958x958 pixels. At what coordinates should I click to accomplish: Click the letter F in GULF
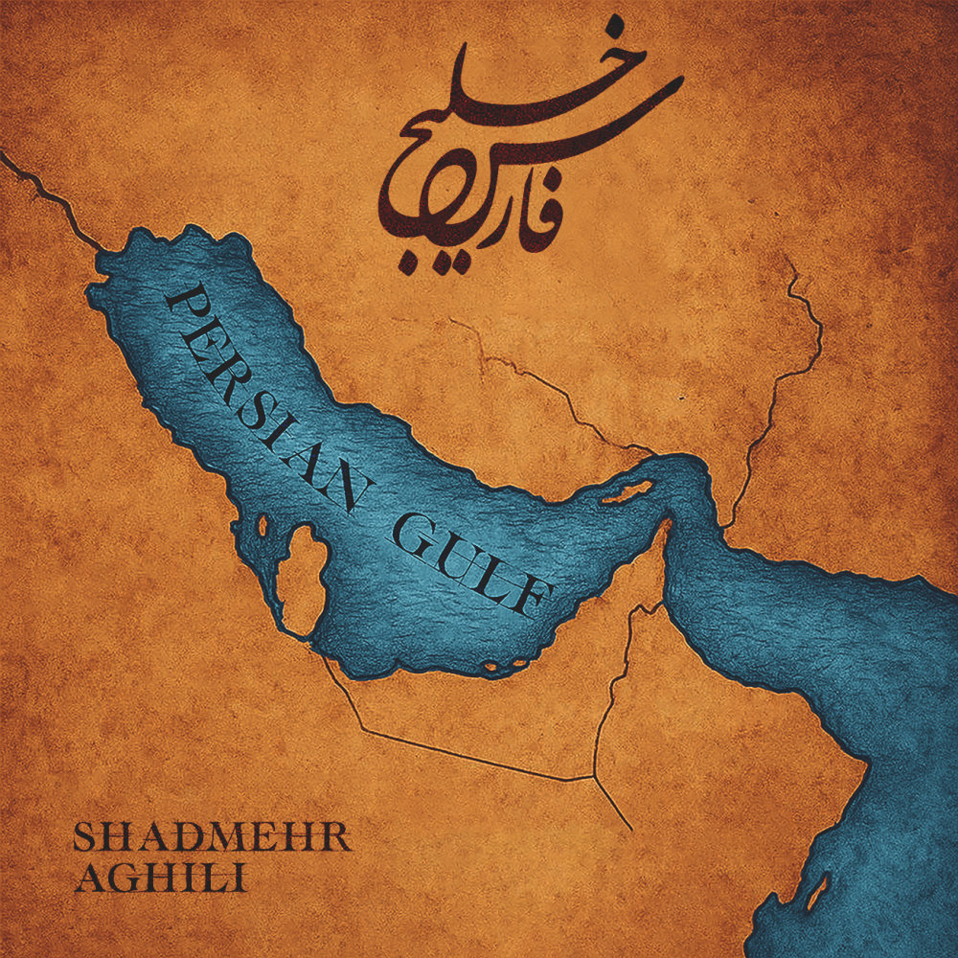click(533, 598)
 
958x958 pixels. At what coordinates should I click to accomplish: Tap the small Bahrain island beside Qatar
click(262, 525)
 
